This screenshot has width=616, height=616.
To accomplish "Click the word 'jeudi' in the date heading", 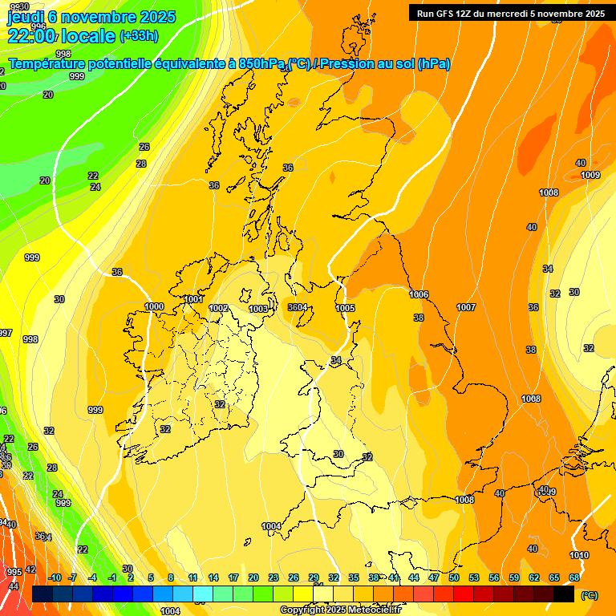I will (28, 17).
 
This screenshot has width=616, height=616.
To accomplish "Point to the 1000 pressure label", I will (154, 306).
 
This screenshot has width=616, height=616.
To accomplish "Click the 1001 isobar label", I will (193, 299).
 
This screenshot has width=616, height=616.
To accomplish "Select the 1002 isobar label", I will (218, 308).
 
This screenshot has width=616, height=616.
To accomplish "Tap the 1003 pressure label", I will (258, 309).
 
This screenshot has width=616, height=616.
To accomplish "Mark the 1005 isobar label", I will (345, 308).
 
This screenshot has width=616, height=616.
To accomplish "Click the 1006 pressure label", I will (419, 294).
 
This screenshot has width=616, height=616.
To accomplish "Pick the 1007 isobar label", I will (466, 307).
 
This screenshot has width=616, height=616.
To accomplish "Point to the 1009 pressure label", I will (590, 175).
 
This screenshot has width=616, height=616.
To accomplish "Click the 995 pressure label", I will (14, 571).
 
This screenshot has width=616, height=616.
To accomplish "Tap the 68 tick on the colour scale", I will (574, 577).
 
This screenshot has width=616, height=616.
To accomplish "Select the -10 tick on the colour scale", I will (55, 577).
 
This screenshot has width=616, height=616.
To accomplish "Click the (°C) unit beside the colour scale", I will (589, 595).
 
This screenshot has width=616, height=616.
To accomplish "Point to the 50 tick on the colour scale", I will (453, 577).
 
